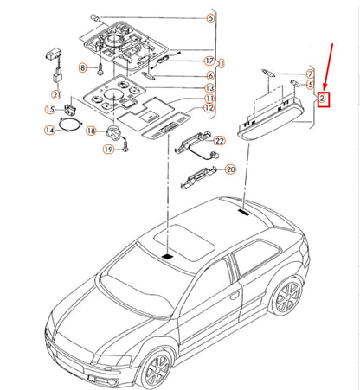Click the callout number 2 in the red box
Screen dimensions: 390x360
(x=323, y=99)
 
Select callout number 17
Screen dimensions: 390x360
(x=209, y=61)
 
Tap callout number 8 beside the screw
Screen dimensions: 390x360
(x=84, y=67)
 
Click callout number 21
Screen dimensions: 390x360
(x=56, y=94)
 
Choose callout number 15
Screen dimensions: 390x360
(x=51, y=109)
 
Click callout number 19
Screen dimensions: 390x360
(x=108, y=150)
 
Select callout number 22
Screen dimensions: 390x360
(x=219, y=140)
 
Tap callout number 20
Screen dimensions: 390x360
(x=229, y=169)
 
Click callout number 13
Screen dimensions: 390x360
(x=209, y=87)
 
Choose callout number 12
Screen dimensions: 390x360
(x=209, y=108)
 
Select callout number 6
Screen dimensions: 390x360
(x=209, y=75)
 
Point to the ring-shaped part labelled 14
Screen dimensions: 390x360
(x=65, y=131)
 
